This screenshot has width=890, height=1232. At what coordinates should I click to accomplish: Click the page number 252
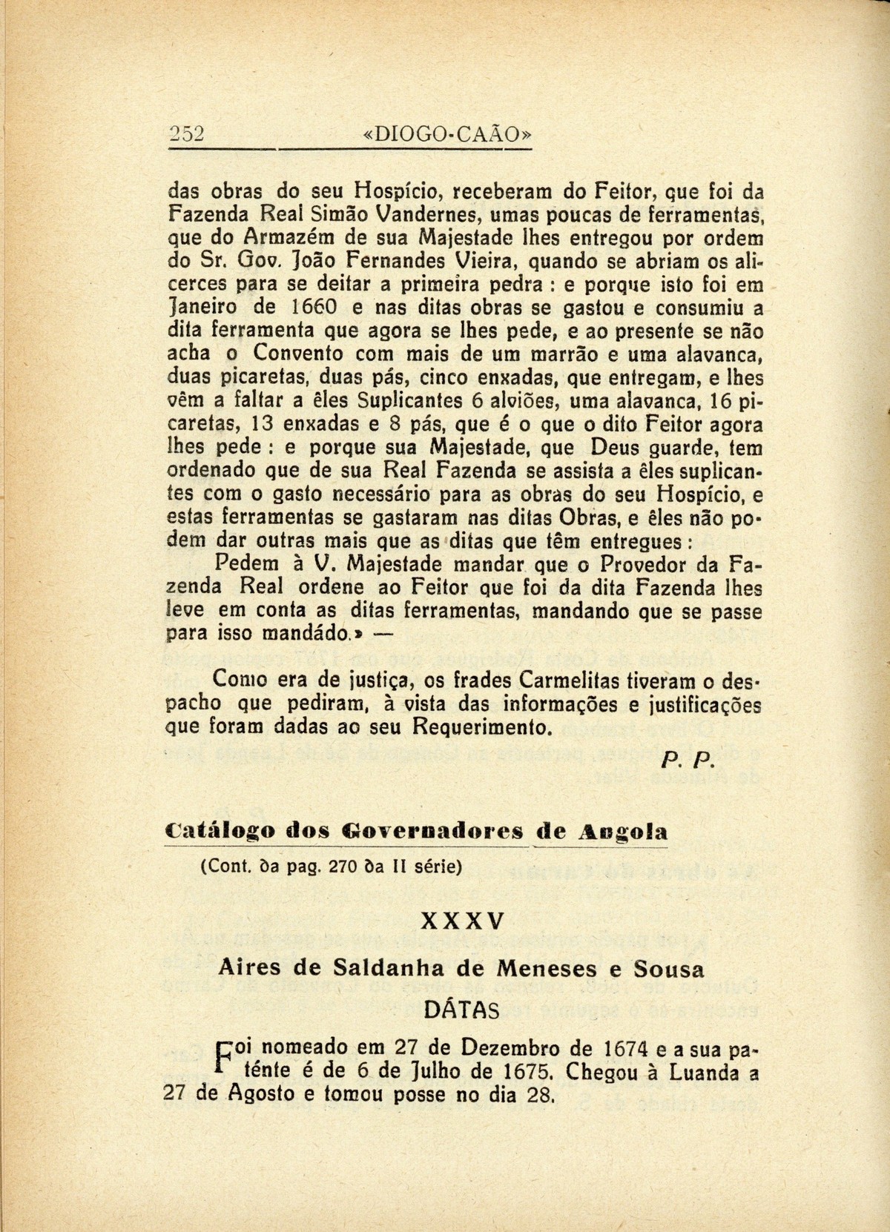point(185,133)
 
